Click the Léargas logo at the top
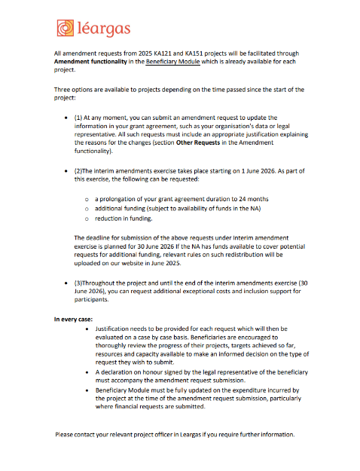click(93, 29)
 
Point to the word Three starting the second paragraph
click(63, 90)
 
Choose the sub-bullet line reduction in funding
click(124, 219)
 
